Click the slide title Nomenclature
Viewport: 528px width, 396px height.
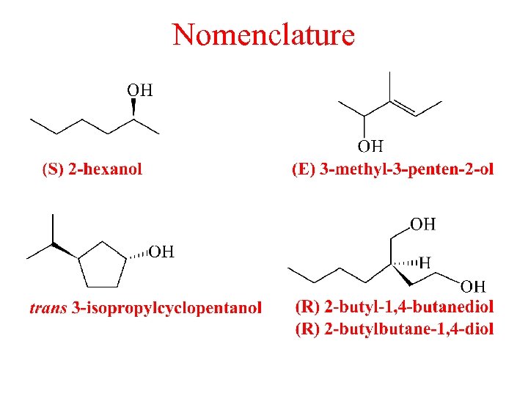(x=263, y=34)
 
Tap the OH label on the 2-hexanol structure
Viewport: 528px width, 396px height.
(x=140, y=90)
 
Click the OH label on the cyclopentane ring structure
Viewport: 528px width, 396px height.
(x=161, y=252)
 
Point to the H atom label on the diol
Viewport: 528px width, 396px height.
(x=424, y=262)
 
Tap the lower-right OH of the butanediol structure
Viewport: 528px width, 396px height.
(x=473, y=286)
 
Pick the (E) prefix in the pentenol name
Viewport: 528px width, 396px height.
(x=304, y=169)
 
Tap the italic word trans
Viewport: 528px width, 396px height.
(x=48, y=308)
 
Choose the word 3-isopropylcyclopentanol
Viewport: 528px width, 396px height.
(x=166, y=308)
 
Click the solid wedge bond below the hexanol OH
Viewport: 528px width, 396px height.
(x=134, y=109)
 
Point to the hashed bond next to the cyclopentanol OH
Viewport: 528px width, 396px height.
(x=137, y=256)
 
